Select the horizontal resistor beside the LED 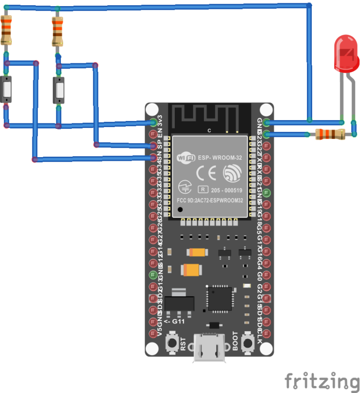click(x=330, y=135)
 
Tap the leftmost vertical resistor click(x=7, y=29)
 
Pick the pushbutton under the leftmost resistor click(x=7, y=89)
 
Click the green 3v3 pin click(x=153, y=123)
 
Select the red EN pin click(x=153, y=135)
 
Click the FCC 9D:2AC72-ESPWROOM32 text click(x=210, y=200)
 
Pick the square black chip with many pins click(x=219, y=298)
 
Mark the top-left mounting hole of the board click(x=152, y=109)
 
